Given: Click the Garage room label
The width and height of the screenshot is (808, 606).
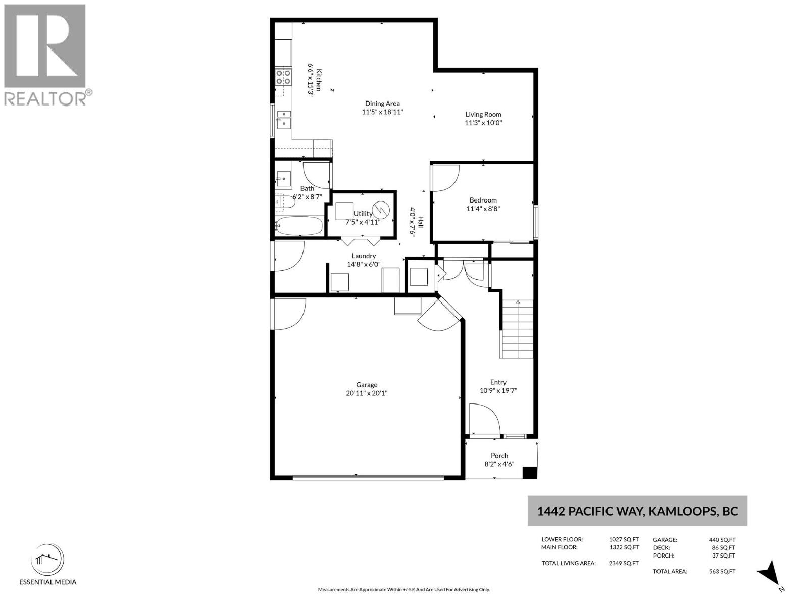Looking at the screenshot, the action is (366, 385).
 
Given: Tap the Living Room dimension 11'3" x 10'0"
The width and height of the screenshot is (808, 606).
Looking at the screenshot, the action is (483, 123).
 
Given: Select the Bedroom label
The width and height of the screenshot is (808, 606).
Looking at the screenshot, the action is (483, 200).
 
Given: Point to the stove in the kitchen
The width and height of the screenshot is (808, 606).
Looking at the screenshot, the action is (283, 77).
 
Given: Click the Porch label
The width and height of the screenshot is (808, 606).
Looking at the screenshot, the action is (499, 456).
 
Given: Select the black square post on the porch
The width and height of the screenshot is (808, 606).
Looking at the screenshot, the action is (530, 473).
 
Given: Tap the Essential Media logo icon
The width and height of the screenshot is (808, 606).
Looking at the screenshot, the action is (47, 560).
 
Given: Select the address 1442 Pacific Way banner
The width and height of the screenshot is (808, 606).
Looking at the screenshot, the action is (637, 511).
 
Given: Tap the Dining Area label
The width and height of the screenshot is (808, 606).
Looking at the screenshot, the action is (382, 104).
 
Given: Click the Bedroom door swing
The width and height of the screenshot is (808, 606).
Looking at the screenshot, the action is (445, 178).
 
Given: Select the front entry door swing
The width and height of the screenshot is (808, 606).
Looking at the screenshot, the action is (484, 419).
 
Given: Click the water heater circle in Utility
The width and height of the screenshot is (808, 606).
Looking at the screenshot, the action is (381, 210).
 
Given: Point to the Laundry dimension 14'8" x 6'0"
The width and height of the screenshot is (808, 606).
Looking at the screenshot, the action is (364, 264).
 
